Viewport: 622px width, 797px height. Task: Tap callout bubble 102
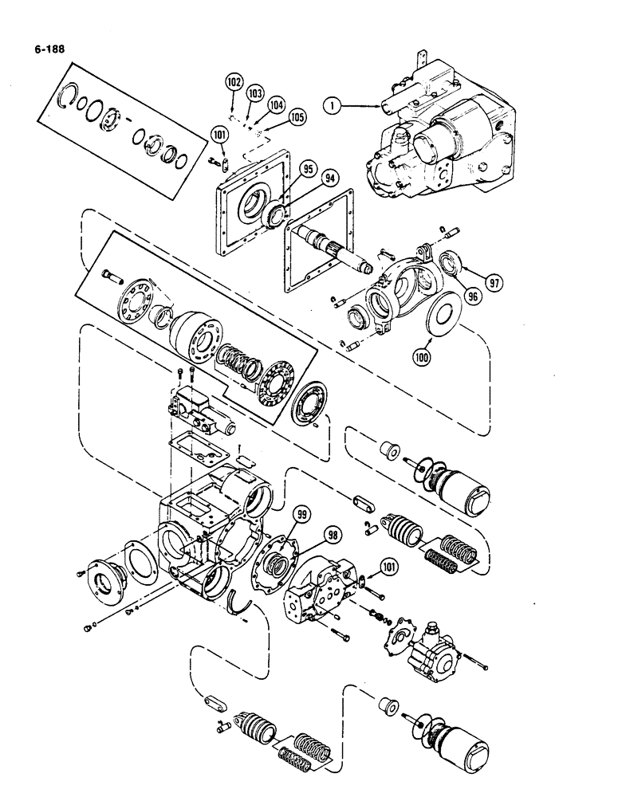233,81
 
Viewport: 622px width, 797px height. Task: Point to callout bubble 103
254,93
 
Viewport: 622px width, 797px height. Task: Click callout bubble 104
275,104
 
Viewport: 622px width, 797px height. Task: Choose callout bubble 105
297,117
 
